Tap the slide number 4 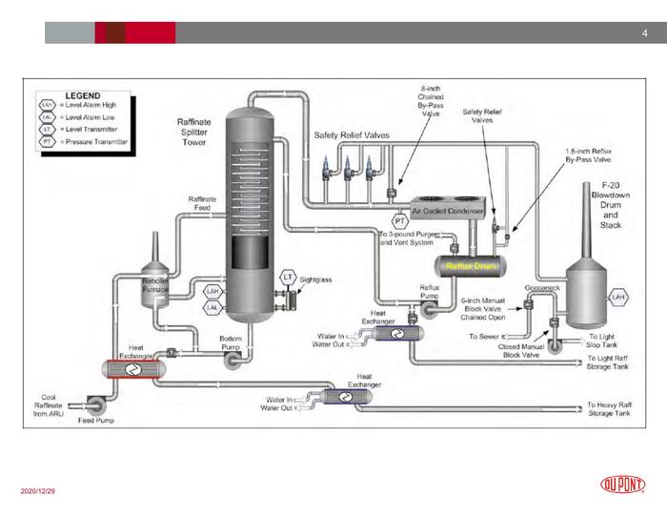tap(644, 33)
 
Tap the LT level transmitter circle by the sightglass tap(286, 277)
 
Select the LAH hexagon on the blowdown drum tap(617, 298)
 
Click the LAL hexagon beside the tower tap(212, 308)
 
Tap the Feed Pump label tap(95, 421)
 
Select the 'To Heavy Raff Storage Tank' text tap(609, 409)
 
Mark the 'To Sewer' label tap(485, 337)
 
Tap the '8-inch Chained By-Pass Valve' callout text tap(431, 100)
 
